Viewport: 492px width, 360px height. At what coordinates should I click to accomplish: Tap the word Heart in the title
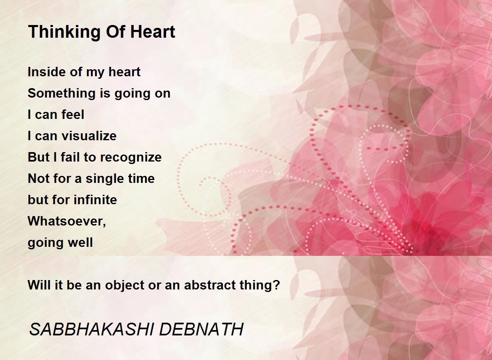click(153, 32)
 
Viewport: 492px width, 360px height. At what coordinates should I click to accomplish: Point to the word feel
click(73, 114)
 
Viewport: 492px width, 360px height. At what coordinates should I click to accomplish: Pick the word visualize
click(89, 136)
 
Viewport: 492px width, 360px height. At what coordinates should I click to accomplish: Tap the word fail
click(70, 157)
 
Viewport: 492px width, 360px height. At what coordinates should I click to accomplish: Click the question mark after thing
click(277, 285)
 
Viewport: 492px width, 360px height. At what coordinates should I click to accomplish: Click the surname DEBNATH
click(201, 329)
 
